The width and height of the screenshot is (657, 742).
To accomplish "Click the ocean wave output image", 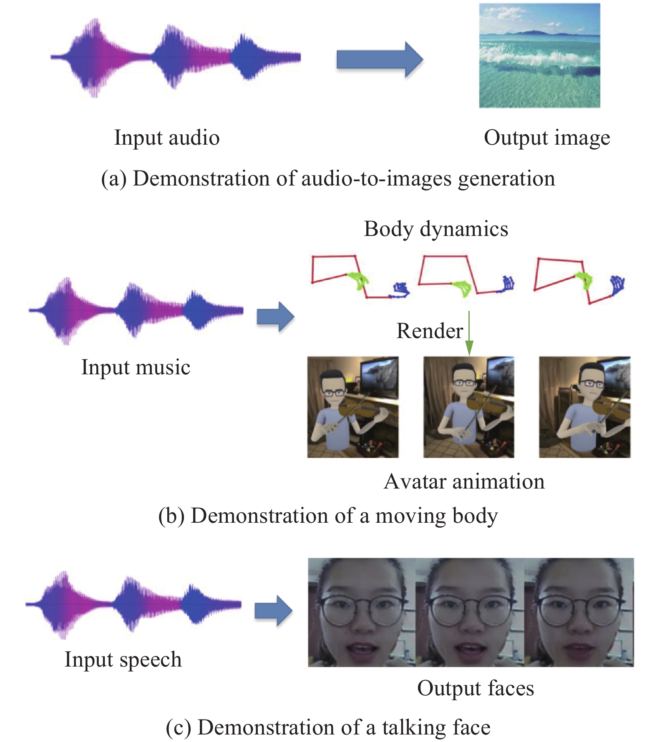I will tap(539, 55).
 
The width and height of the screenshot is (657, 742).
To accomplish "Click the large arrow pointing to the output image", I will tap(379, 59).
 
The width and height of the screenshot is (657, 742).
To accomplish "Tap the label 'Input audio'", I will tap(167, 138).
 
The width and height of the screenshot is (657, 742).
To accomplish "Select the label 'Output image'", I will tap(546, 138).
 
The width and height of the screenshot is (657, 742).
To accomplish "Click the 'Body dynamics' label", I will tap(436, 229).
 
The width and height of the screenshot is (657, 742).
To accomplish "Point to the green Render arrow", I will tap(469, 333).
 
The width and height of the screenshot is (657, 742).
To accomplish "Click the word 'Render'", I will tap(429, 331).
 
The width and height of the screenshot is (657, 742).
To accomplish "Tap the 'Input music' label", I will tap(136, 367).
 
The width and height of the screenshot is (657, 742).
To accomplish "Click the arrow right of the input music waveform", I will tap(275, 317).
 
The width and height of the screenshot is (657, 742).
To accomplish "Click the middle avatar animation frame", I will tap(469, 407).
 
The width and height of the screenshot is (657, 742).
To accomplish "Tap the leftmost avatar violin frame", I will tap(353, 407).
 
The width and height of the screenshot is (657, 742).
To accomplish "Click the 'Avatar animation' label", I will tap(464, 481).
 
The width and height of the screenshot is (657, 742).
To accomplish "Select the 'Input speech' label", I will tap(123, 659).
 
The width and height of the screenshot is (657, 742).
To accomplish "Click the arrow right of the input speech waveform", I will tap(274, 611).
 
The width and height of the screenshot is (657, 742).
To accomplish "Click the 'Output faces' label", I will tap(476, 688).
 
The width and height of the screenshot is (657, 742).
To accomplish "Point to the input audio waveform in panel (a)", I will tap(175, 58).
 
